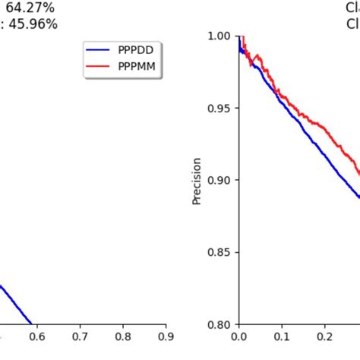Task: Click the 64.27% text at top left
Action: [x=29, y=8]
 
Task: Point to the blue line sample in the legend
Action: [x=99, y=51]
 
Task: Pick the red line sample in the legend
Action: [x=99, y=67]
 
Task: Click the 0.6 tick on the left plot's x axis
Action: [x=36, y=336]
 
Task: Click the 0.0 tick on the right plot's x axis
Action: [x=238, y=336]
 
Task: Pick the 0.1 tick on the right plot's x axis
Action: [x=282, y=336]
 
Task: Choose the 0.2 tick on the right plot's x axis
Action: [x=325, y=336]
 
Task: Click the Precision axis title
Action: [x=197, y=181]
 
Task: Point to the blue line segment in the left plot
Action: [x=15, y=304]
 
